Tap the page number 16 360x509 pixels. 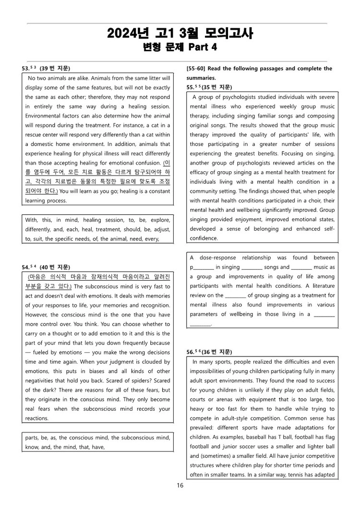180,485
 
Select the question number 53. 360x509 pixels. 26,69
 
